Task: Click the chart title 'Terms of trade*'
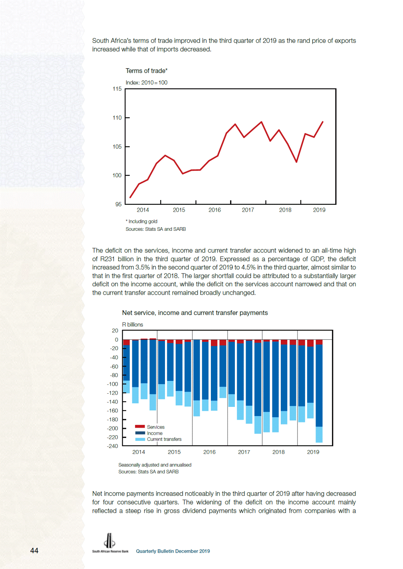(146, 71)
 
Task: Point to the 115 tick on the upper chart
(117, 89)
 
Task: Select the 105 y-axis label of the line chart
(117, 147)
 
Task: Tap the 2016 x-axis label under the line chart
(214, 210)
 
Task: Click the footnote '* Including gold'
(141, 221)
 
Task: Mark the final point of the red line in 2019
(323, 122)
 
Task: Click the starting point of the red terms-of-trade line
(130, 197)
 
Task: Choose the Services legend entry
(150, 427)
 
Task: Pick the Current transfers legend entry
(158, 439)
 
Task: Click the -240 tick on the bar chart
(113, 446)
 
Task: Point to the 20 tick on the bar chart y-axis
(115, 331)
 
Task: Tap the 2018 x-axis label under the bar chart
(278, 452)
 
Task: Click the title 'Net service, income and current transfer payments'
(195, 313)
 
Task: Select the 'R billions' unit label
(132, 325)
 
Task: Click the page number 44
(34, 551)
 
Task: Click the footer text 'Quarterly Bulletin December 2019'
(173, 551)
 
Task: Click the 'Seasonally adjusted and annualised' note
(155, 465)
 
